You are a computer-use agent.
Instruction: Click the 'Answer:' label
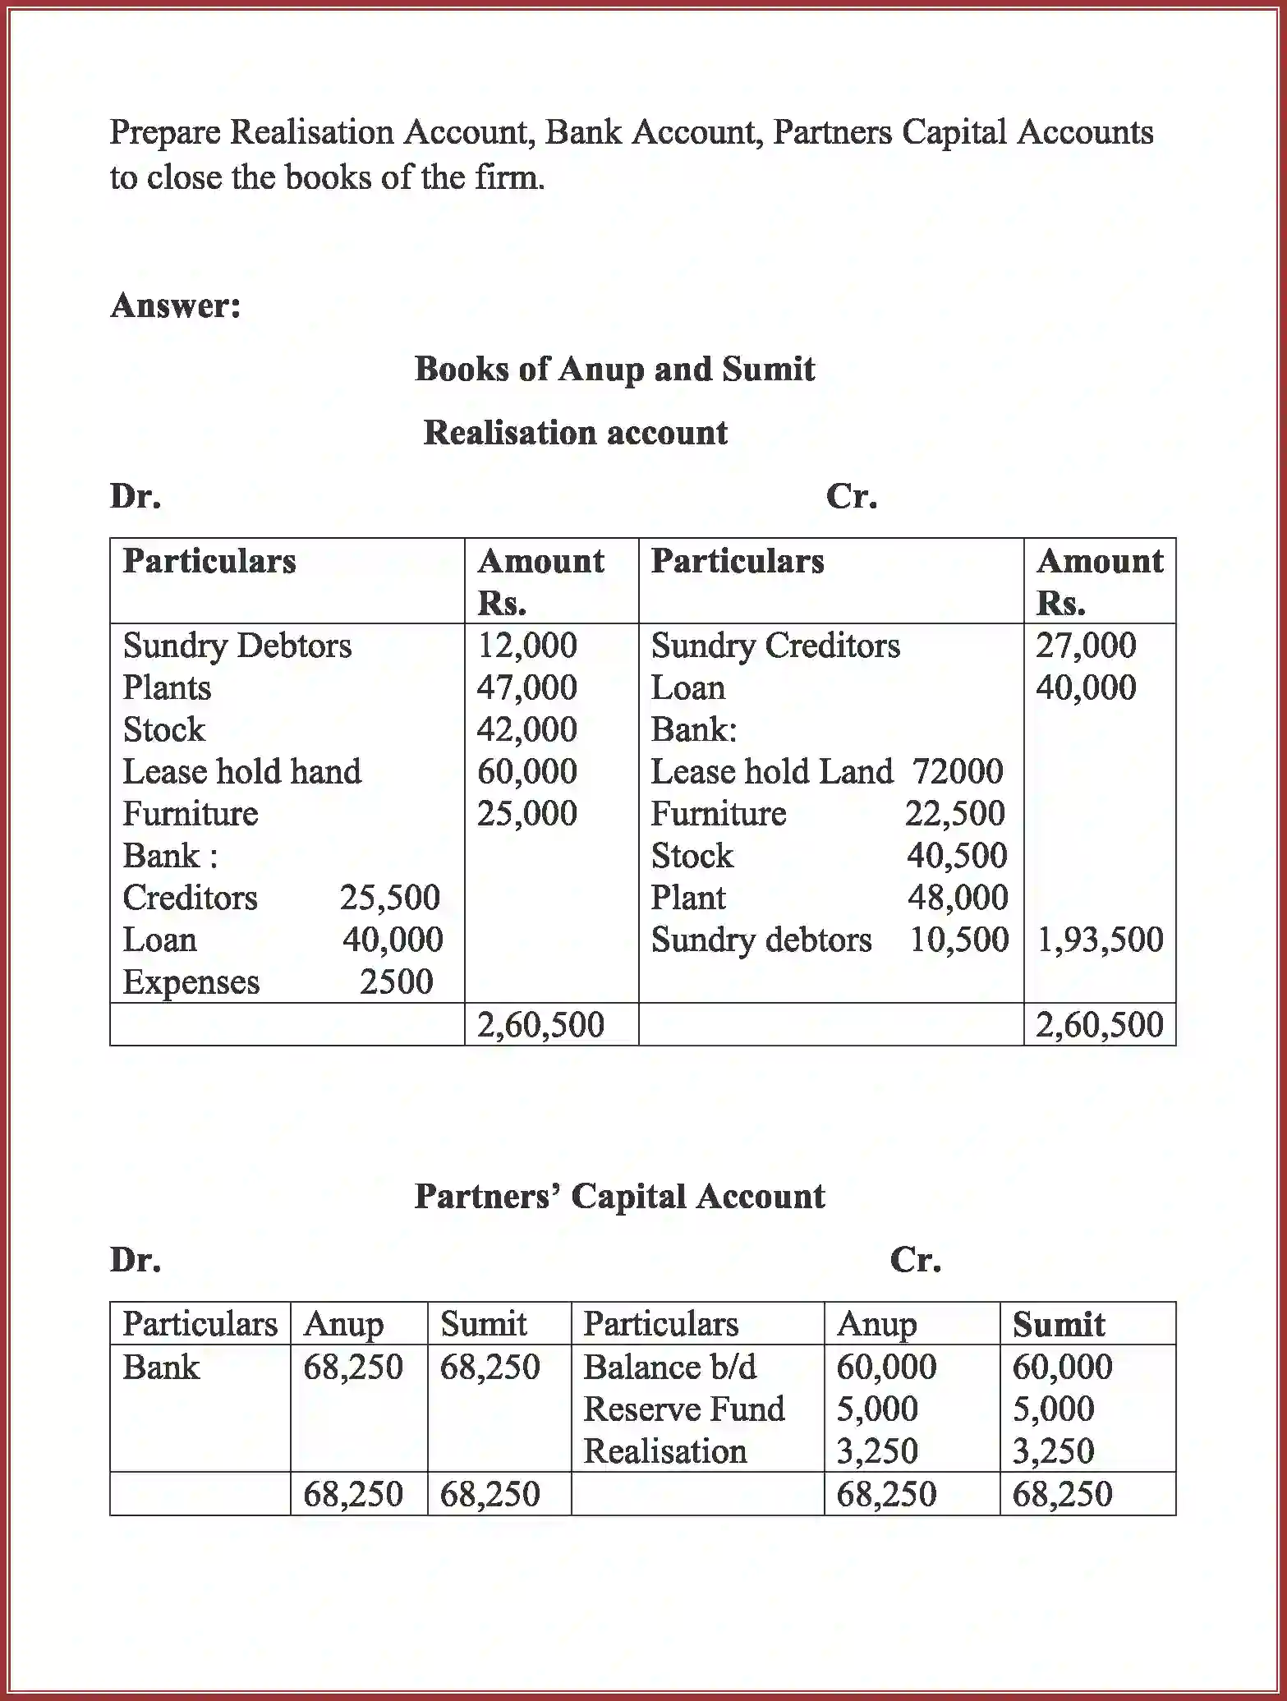(x=176, y=306)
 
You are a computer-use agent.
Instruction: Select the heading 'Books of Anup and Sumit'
(x=614, y=369)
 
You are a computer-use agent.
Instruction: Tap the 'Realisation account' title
(x=575, y=433)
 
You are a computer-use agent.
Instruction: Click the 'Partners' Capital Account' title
(x=619, y=1196)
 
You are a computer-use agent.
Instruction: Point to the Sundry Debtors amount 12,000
(x=527, y=646)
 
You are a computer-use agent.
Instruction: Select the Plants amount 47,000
(x=527, y=687)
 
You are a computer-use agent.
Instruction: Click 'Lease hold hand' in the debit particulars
(x=241, y=771)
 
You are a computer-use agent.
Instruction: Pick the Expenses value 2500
(x=396, y=982)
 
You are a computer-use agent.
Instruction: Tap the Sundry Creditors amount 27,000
(x=1085, y=646)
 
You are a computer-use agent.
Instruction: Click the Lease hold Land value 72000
(x=958, y=771)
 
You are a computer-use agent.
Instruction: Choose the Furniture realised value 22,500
(x=954, y=813)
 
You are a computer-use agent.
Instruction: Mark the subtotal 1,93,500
(x=1100, y=940)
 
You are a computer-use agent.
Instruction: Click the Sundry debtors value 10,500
(x=958, y=940)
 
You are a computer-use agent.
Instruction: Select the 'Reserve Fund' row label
(x=683, y=1409)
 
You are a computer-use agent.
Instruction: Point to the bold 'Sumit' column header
(x=1059, y=1324)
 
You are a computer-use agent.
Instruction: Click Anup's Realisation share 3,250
(x=876, y=1450)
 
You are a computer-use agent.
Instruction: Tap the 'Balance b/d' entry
(x=669, y=1367)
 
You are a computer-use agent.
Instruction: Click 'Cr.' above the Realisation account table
(x=852, y=496)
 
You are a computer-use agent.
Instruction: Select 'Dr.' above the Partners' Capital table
(x=136, y=1259)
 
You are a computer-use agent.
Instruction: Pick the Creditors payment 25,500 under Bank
(x=390, y=898)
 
